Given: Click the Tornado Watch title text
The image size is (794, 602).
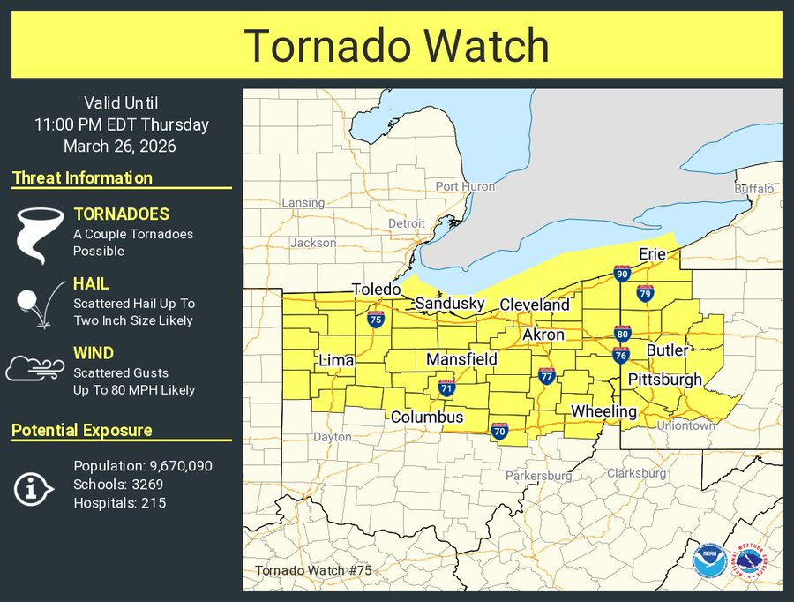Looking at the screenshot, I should coord(396,45).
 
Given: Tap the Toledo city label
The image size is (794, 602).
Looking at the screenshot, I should coord(377,290).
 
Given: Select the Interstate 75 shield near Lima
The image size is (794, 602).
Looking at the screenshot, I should coord(375,320).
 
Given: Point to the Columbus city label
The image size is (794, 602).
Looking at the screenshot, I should coord(427,417).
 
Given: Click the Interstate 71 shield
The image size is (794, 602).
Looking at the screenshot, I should coord(446,388).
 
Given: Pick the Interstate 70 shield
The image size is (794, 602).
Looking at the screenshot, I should coord(499,431).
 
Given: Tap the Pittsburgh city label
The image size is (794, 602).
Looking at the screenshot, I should coord(664,380).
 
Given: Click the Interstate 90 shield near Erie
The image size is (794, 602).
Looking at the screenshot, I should coord(622,274).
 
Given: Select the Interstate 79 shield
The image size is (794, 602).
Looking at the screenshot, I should coord(645,292).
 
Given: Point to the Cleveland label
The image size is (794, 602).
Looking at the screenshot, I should coord(535,305).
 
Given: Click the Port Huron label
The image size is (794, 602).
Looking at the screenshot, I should coord(465,186).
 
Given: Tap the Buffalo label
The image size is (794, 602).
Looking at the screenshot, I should coord(753,189).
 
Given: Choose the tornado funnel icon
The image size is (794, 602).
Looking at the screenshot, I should coord(40,235).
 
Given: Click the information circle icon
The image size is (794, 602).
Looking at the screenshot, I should coord(35,485).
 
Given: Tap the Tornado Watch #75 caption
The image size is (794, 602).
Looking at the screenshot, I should coord(313,570).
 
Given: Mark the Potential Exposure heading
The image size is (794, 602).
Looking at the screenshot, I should coord(81,430).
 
